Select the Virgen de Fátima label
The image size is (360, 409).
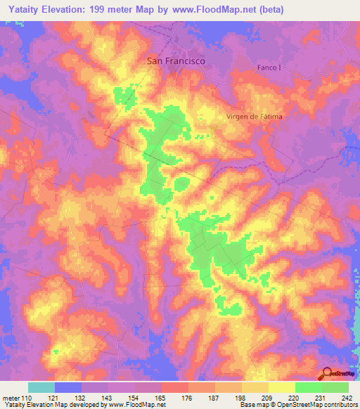pos(254,117)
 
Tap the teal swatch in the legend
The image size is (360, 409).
pos(41,387)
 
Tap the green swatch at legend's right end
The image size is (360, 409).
pos(335,387)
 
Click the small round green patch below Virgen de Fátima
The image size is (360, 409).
pos(181,184)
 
